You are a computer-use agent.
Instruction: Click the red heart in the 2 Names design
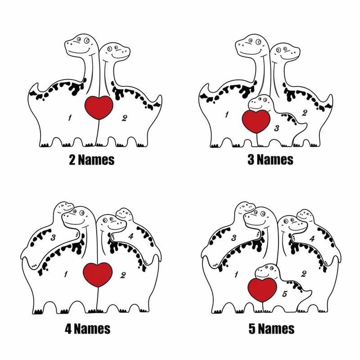(99, 107)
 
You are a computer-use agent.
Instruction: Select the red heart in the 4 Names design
(98, 274)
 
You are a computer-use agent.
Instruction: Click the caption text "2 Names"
(91, 159)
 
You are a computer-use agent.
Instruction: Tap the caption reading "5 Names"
(271, 328)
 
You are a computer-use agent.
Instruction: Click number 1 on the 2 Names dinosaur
(70, 118)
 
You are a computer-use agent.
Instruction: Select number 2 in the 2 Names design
(125, 118)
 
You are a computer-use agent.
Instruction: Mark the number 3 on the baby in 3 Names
(277, 128)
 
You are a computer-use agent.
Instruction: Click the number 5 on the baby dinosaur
(284, 294)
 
